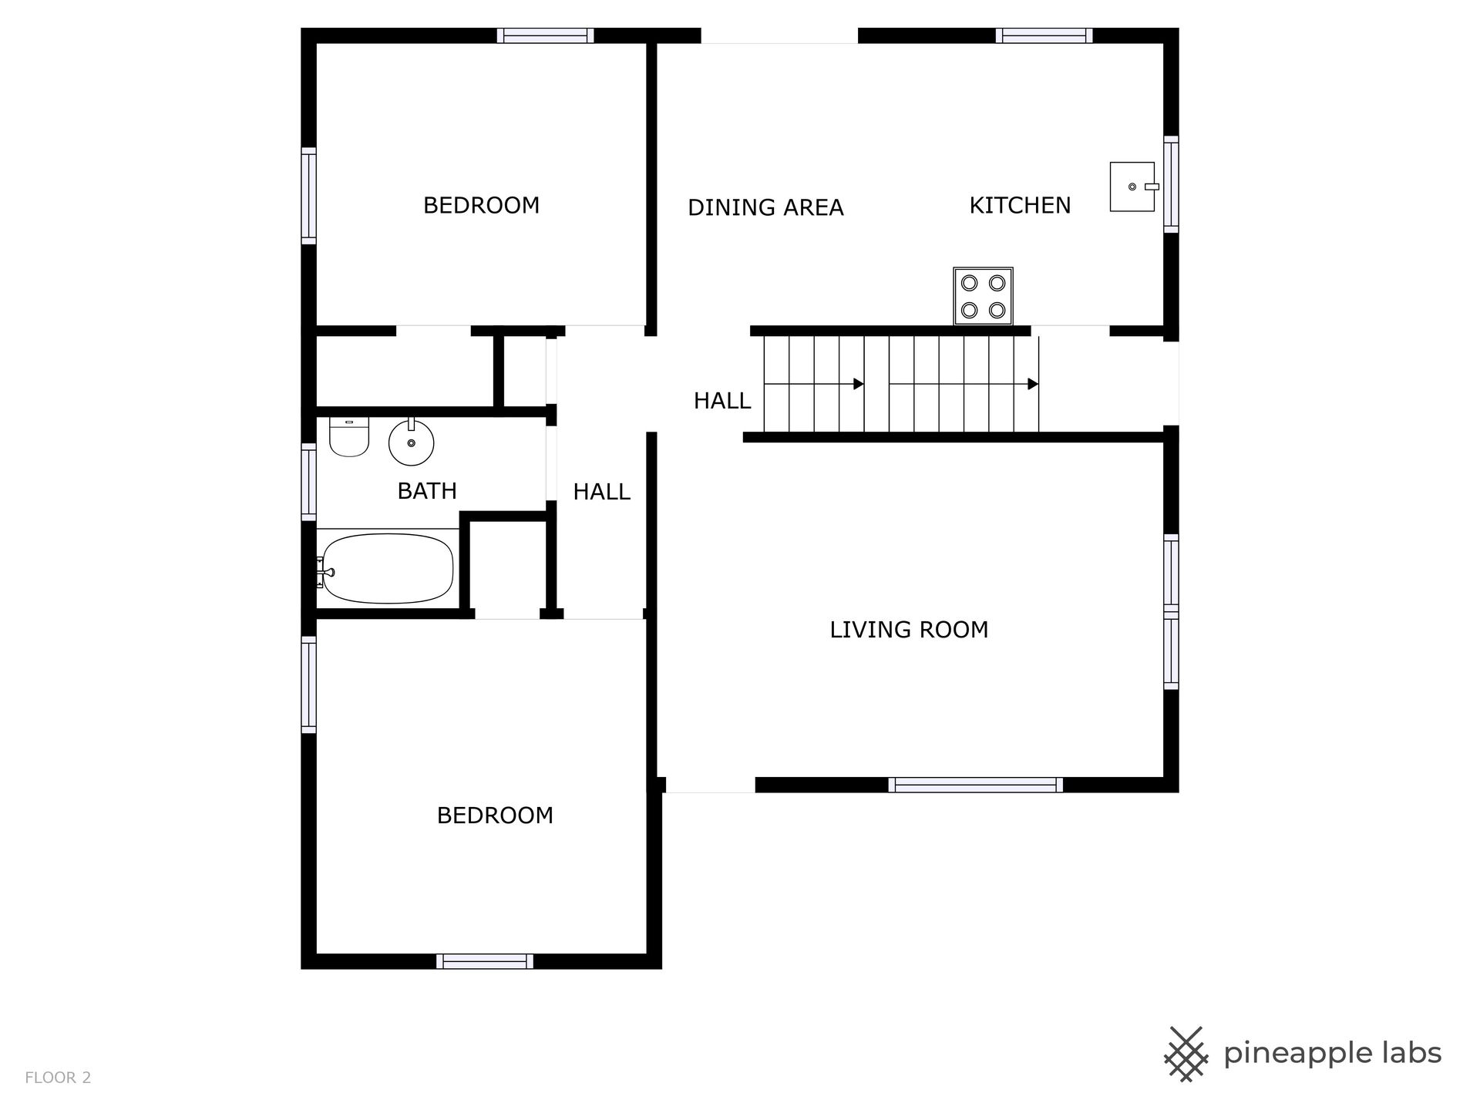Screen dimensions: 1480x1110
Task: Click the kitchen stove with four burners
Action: coord(983,296)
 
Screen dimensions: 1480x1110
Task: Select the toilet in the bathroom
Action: coord(349,436)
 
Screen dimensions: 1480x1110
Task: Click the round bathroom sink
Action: coord(412,442)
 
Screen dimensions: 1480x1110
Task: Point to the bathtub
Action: coord(386,570)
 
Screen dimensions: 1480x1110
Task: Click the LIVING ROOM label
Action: coord(909,630)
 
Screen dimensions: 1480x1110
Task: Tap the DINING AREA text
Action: coord(765,207)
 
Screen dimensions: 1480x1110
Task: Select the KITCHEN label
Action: coord(1020,205)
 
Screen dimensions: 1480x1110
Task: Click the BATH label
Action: coord(427,491)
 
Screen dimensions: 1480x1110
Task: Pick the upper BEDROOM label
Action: coord(481,205)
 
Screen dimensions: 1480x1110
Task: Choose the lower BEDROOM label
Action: coord(495,816)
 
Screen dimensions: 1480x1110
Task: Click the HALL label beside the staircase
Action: coord(722,401)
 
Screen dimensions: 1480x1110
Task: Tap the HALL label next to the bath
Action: coord(601,492)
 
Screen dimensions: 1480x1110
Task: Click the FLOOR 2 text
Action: coord(58,1078)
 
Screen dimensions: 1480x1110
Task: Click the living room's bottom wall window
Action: coord(975,785)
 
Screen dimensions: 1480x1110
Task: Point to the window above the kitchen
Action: coord(1044,35)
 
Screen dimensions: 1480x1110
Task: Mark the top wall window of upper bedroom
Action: coord(545,35)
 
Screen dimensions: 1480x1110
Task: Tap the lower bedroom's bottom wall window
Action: coord(485,961)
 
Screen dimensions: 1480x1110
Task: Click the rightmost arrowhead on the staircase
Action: coord(1034,384)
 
